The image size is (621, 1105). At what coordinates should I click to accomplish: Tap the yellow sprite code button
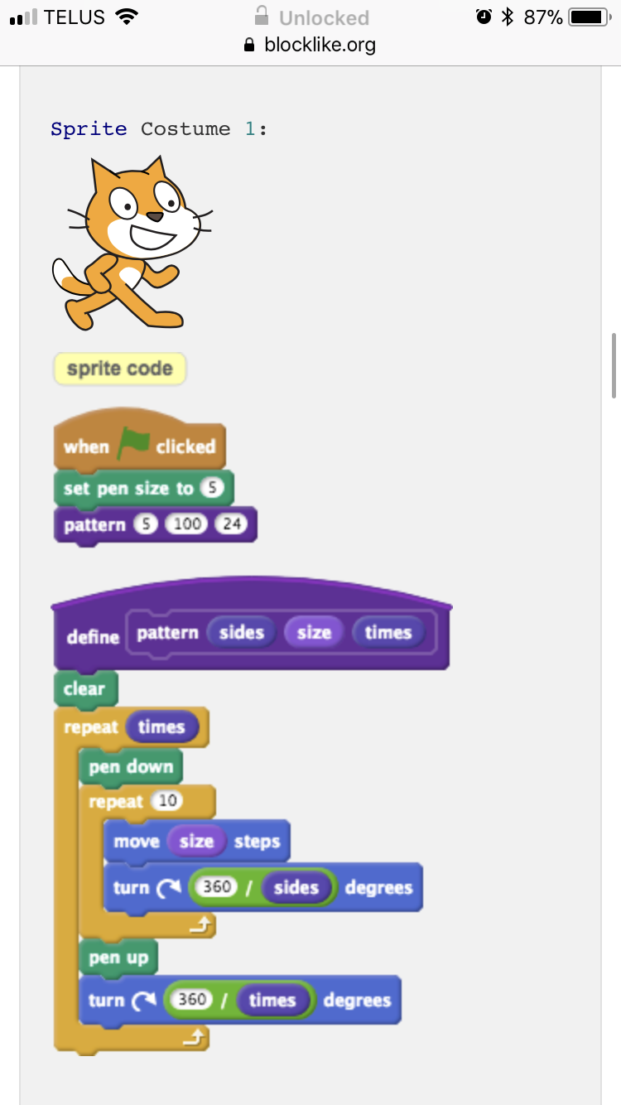click(120, 369)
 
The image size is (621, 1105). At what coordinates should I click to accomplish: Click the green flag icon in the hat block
click(132, 444)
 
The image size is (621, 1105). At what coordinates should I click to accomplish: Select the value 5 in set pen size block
click(213, 489)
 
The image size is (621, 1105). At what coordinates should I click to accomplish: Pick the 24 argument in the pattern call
click(229, 525)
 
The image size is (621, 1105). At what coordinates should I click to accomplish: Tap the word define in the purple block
click(93, 637)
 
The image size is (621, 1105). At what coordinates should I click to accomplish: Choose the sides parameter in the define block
click(241, 633)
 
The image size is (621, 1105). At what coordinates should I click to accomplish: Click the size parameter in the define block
click(314, 633)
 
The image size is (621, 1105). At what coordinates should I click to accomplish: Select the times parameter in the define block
click(388, 633)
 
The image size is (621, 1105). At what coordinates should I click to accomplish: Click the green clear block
click(84, 689)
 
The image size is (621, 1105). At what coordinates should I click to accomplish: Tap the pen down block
click(131, 767)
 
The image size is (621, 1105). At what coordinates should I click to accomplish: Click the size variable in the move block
click(196, 842)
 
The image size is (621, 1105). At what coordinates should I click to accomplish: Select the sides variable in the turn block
click(296, 888)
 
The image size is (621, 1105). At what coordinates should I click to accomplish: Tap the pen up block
click(118, 958)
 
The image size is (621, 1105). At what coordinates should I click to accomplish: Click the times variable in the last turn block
click(272, 1000)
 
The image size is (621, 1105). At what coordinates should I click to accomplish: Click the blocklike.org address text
click(320, 45)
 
